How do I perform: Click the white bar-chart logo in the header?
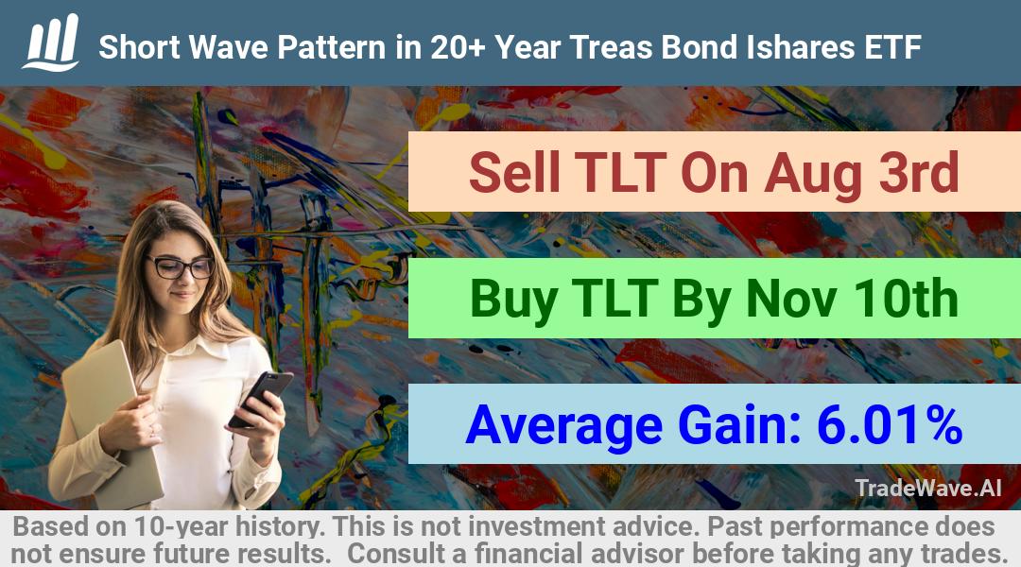pyautogui.click(x=51, y=43)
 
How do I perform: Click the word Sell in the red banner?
pyautogui.click(x=514, y=172)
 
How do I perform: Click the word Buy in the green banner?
pyautogui.click(x=513, y=301)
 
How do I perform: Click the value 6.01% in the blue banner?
pyautogui.click(x=889, y=424)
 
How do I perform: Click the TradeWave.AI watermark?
pyautogui.click(x=928, y=488)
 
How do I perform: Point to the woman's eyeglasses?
pyautogui.click(x=181, y=266)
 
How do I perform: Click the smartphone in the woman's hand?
pyautogui.click(x=261, y=398)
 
